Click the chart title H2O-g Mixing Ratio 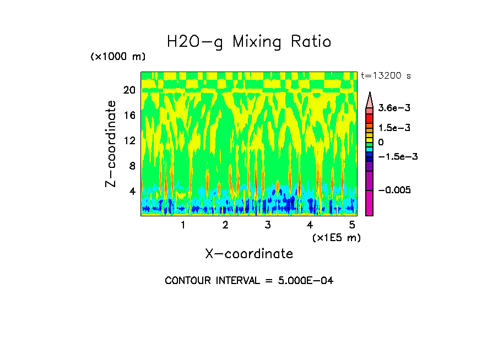(249, 42)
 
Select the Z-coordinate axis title (111, 144)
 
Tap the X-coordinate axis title (249, 254)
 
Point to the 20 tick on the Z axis (129, 90)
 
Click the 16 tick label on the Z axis (129, 116)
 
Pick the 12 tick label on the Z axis (129, 141)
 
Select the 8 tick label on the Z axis (132, 166)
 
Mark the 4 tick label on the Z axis (132, 192)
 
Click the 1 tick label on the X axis (183, 225)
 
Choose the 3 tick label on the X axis (268, 225)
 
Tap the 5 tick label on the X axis (352, 225)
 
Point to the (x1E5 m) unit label (336, 237)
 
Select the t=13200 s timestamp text (386, 75)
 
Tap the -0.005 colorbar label (394, 190)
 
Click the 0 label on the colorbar (381, 142)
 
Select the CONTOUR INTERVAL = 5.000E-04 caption (249, 281)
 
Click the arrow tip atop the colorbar (370, 94)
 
